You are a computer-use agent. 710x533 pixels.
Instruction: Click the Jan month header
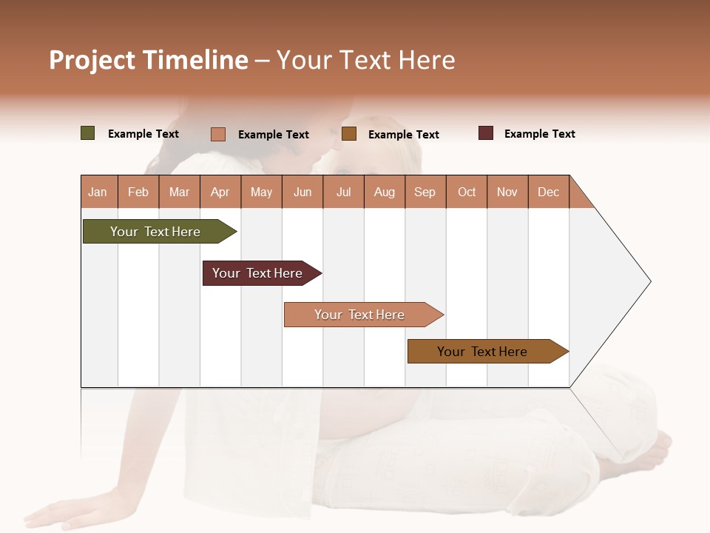click(x=98, y=192)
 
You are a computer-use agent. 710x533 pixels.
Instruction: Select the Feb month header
click(x=138, y=192)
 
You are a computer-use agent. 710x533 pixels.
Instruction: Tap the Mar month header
click(x=179, y=192)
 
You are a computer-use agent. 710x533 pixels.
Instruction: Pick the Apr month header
click(x=220, y=192)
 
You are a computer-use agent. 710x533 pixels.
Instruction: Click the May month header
click(x=261, y=192)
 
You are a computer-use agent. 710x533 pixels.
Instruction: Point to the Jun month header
click(x=302, y=192)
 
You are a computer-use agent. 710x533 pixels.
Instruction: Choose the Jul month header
click(x=343, y=192)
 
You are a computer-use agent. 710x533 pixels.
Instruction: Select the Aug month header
click(x=385, y=192)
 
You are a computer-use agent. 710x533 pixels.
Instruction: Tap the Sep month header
click(x=425, y=192)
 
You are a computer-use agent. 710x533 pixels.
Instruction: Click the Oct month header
click(x=467, y=192)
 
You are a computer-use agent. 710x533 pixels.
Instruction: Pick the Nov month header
click(x=507, y=192)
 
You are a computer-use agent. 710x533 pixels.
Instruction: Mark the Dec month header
click(x=549, y=192)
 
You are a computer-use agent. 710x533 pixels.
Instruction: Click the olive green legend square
click(x=88, y=133)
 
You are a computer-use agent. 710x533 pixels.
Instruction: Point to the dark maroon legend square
click(x=486, y=133)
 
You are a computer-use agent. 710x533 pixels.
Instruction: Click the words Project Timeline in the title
click(x=149, y=60)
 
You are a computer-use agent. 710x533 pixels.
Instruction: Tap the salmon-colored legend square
click(x=218, y=134)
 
